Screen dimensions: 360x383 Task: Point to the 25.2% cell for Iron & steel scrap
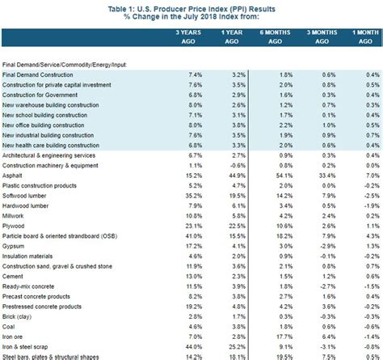tap(236, 345)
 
